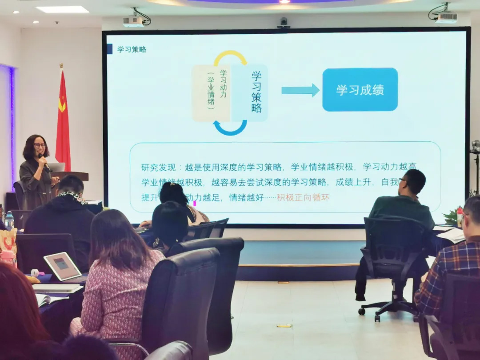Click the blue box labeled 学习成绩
click(x=360, y=89)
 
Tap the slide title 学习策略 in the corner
click(x=132, y=49)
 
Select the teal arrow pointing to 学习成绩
click(x=300, y=90)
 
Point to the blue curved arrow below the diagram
click(x=230, y=129)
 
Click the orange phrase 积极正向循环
click(x=303, y=197)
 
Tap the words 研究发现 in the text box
click(x=156, y=167)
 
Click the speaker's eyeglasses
click(x=39, y=145)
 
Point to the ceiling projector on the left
click(x=133, y=21)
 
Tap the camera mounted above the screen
click(x=283, y=22)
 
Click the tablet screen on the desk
click(x=62, y=266)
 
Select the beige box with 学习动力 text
click(x=212, y=93)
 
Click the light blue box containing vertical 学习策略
click(x=250, y=93)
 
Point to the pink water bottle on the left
click(x=8, y=257)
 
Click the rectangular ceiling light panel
click(x=62, y=9)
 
